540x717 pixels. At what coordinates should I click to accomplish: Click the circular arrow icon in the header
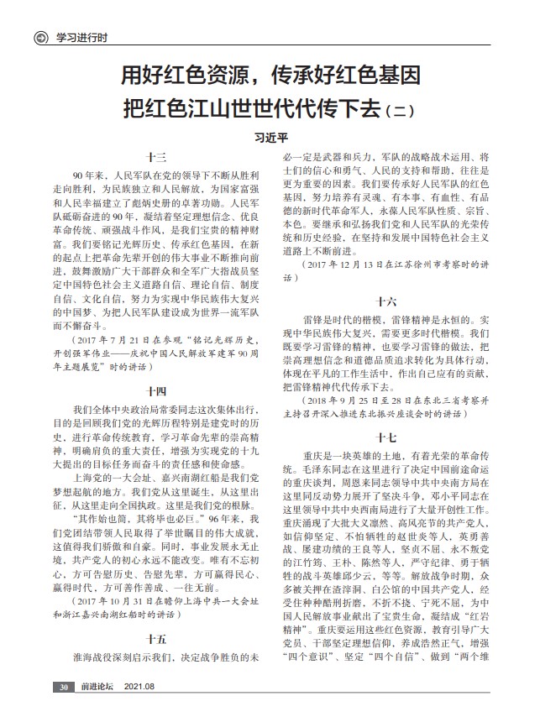pos(39,37)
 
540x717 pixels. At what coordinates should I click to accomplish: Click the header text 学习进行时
pos(81,38)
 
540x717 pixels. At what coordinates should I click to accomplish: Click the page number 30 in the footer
pos(62,687)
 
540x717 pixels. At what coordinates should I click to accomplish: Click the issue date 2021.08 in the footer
pos(139,687)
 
